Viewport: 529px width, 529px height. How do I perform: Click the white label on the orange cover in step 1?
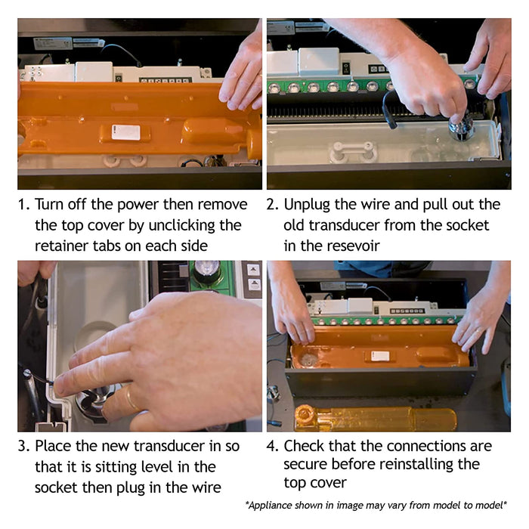point(126,132)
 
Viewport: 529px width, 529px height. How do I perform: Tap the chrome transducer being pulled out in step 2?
point(459,128)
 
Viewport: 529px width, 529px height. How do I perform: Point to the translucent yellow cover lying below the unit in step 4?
point(376,419)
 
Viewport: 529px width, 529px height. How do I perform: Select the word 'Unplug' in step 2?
point(307,205)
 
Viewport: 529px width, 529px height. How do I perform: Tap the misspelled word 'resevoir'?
point(351,246)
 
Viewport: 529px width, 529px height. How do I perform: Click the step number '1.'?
point(24,205)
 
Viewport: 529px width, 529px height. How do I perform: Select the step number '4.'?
point(273,446)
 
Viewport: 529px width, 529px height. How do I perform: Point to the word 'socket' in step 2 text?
point(467,225)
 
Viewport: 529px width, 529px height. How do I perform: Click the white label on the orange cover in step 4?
point(380,356)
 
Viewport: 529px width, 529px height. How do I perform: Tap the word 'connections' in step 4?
point(413,446)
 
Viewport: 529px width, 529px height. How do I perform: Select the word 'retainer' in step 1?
point(61,246)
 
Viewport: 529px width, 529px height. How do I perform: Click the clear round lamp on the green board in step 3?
point(207,268)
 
